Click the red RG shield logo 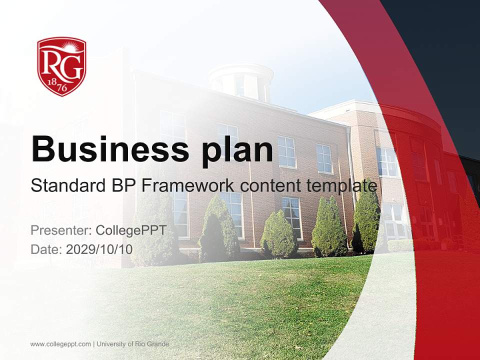[x=61, y=66]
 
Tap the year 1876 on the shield [x=58, y=85]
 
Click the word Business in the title [x=110, y=149]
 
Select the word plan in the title [x=237, y=151]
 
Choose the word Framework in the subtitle [x=187, y=185]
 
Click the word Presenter [x=61, y=230]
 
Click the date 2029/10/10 [x=99, y=249]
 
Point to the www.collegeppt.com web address [x=60, y=344]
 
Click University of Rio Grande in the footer [x=133, y=344]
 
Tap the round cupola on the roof [x=241, y=82]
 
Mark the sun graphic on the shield [x=70, y=46]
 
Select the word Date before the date [x=46, y=249]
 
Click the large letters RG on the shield [x=61, y=65]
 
